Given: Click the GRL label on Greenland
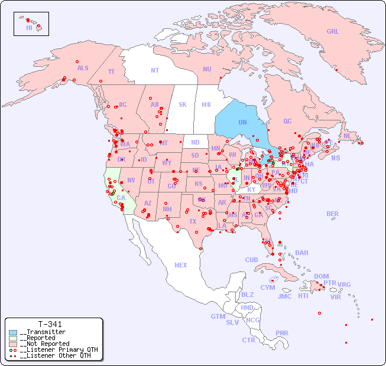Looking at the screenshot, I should pyautogui.click(x=333, y=32).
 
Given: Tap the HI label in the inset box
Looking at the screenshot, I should pyautogui.click(x=29, y=28).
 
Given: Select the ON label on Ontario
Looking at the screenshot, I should pyautogui.click(x=242, y=122).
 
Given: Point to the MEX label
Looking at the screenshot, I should pyautogui.click(x=181, y=265).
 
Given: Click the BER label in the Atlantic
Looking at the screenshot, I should pyautogui.click(x=332, y=214).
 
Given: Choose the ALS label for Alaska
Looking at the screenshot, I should pyautogui.click(x=83, y=68).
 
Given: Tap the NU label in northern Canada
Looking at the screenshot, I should pyautogui.click(x=207, y=69).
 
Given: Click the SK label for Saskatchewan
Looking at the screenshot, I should pyautogui.click(x=183, y=104).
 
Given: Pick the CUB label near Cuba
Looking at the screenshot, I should pyautogui.click(x=251, y=260).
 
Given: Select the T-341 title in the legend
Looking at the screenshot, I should pyautogui.click(x=50, y=324).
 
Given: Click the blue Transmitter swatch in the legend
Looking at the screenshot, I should pyautogui.click(x=13, y=332).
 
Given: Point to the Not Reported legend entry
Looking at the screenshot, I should pyautogui.click(x=44, y=344).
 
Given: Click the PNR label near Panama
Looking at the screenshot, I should pyautogui.click(x=282, y=333).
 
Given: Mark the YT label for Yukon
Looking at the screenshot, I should pyautogui.click(x=111, y=71).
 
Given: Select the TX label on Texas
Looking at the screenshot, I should pyautogui.click(x=193, y=221).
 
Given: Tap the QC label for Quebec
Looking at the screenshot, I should pyautogui.click(x=287, y=121).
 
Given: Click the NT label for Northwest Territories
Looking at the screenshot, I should pyautogui.click(x=155, y=70).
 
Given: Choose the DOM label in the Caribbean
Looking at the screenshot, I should pyautogui.click(x=321, y=276).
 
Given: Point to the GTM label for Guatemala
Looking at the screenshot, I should pyautogui.click(x=218, y=316).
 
